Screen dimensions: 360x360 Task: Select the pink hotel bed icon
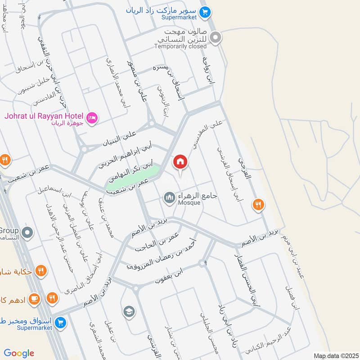[92, 118]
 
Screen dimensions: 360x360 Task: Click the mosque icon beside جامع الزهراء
[169, 197]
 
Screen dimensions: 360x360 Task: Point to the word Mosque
[189, 203]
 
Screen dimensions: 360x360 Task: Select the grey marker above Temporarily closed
[216, 38]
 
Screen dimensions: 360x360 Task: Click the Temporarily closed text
[180, 46]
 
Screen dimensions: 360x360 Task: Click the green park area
[133, 178]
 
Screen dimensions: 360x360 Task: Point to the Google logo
[19, 353]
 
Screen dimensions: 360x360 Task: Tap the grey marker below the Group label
[28, 233]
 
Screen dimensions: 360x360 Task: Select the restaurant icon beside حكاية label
[41, 271]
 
